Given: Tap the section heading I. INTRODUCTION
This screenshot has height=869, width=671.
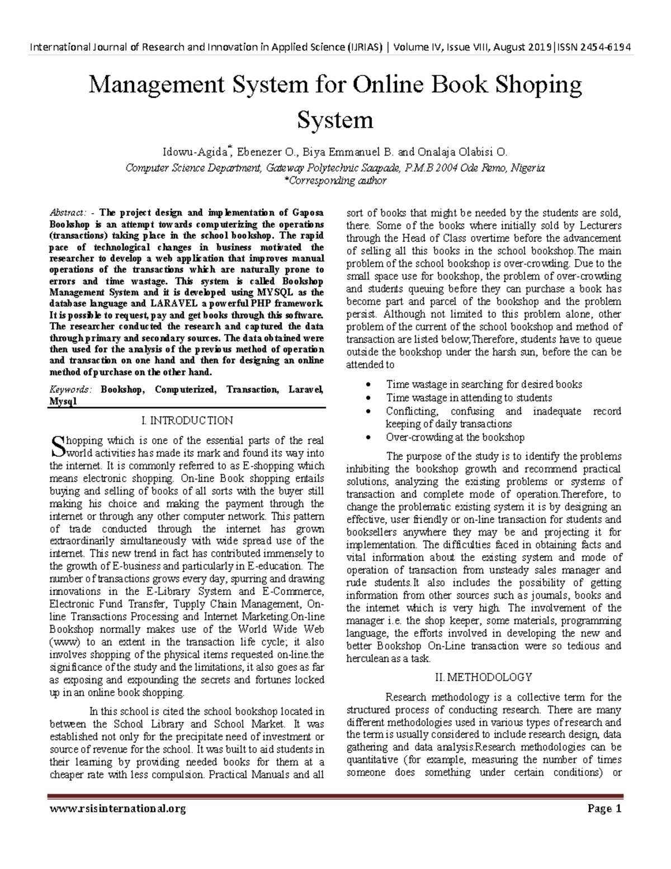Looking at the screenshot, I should click(187, 420).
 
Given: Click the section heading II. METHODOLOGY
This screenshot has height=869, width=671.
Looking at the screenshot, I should click(483, 677).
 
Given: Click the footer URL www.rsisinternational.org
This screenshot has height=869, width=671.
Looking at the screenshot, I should click(117, 809).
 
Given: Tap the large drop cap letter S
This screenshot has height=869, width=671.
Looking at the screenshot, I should click(57, 445).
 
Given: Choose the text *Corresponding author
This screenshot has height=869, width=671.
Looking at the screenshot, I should click(335, 181).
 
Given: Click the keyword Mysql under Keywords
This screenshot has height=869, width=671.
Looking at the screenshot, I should click(63, 401).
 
